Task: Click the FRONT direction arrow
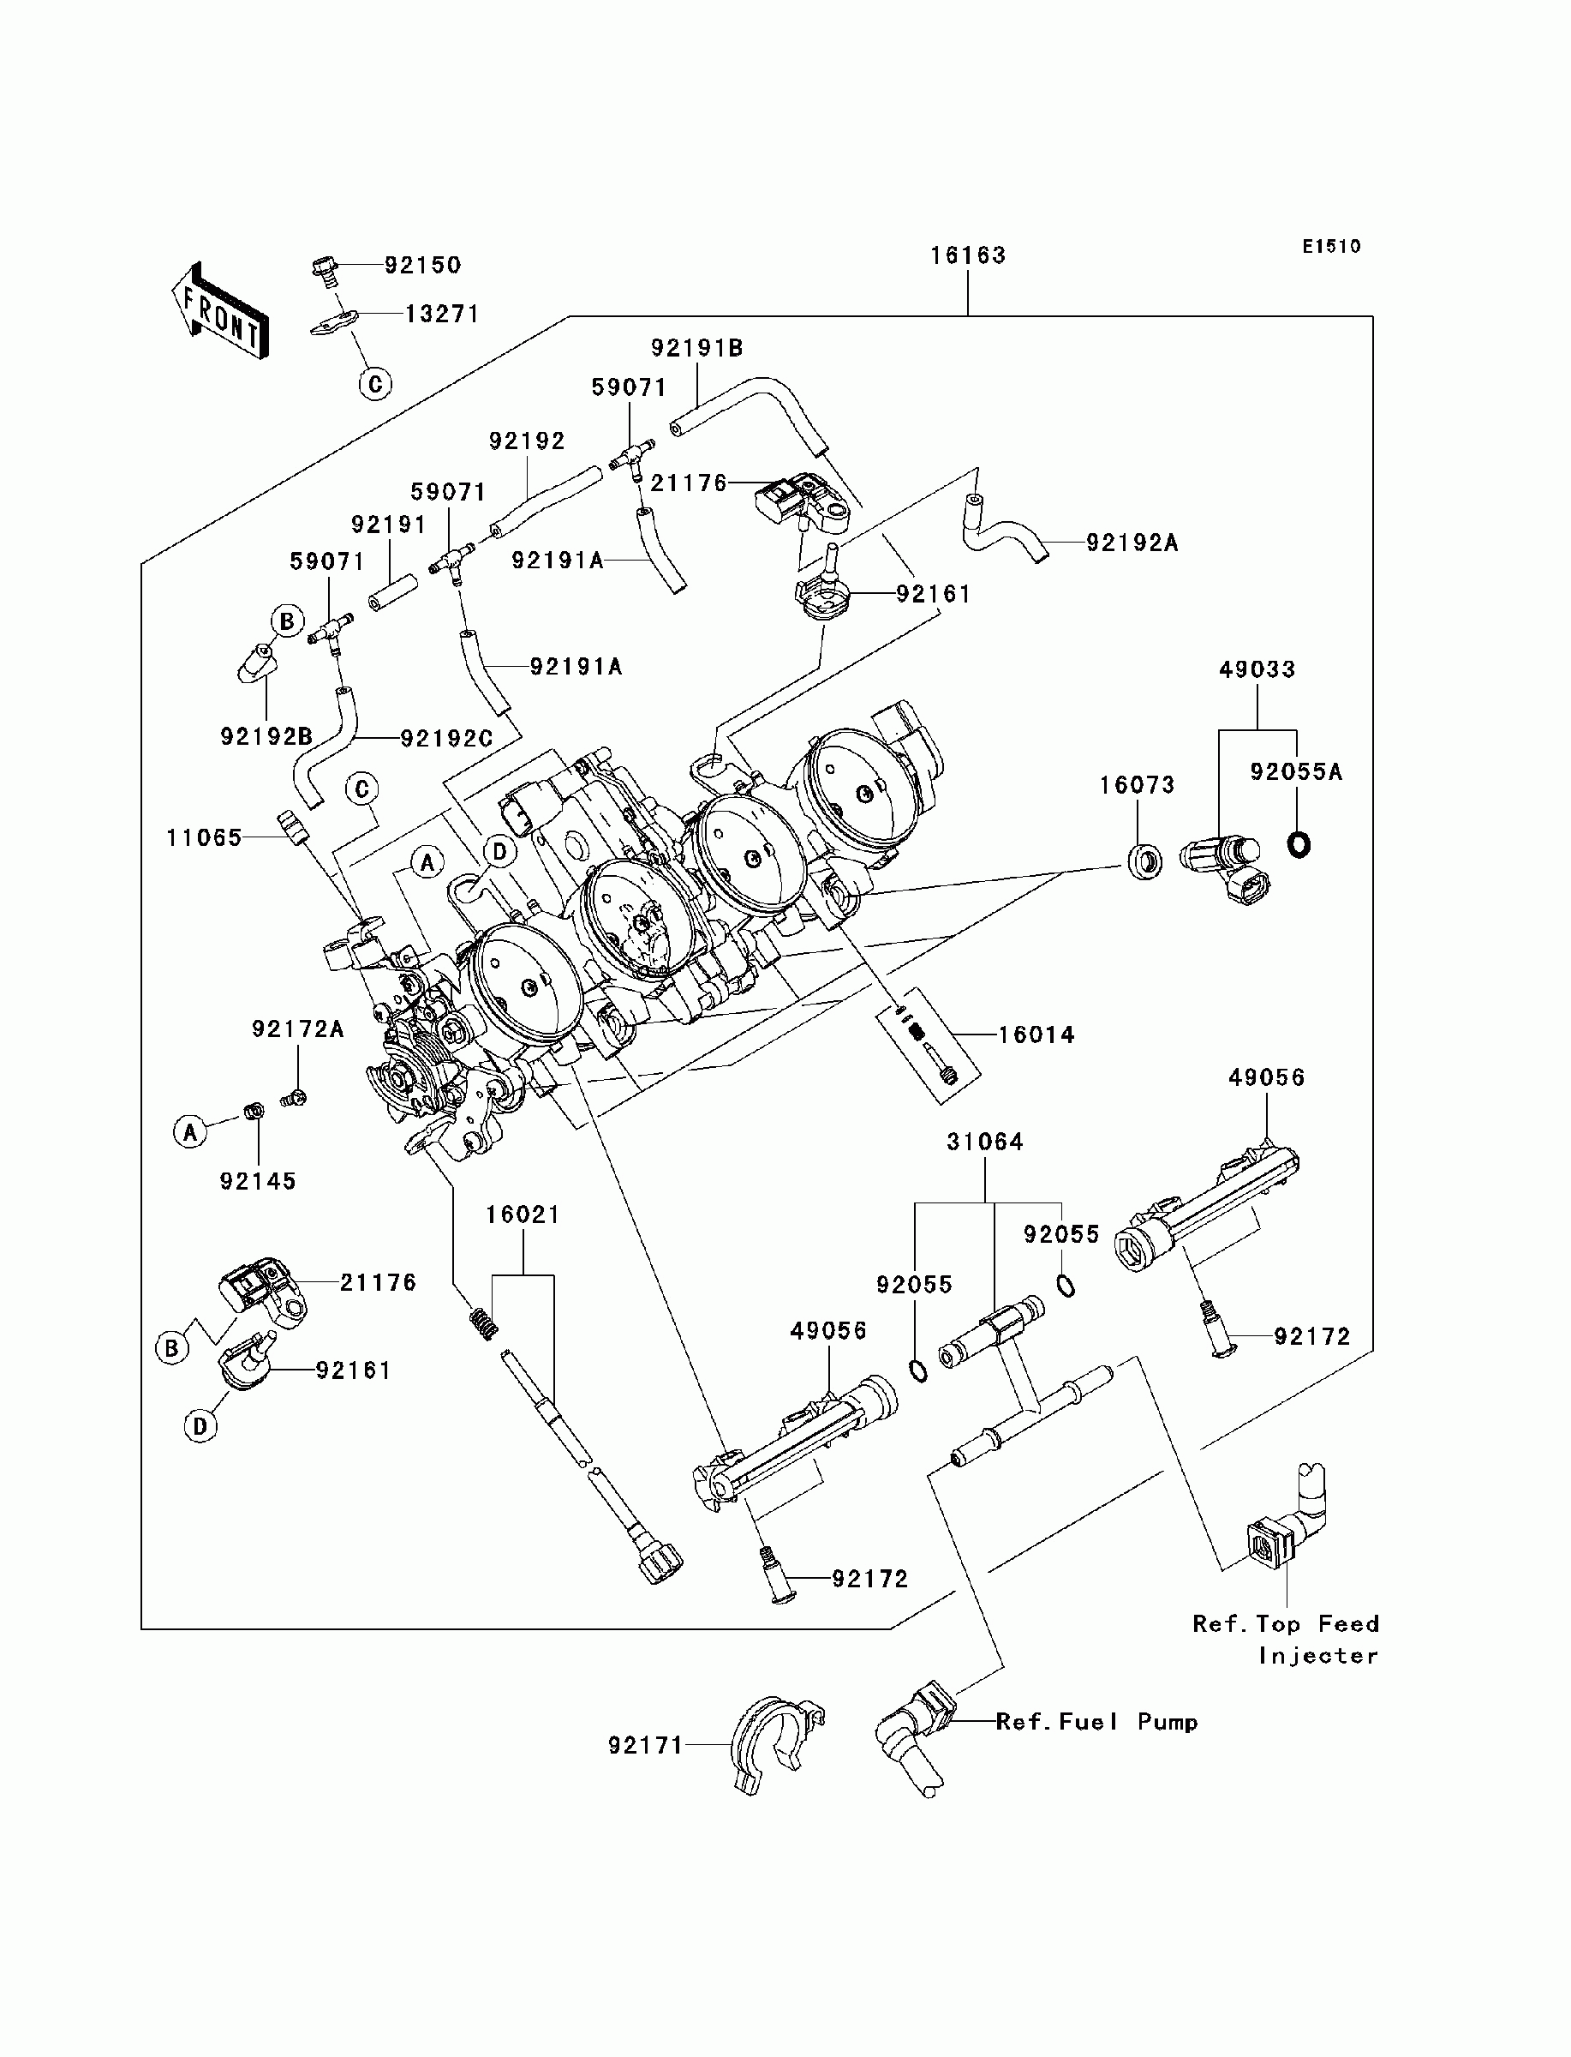[x=221, y=309]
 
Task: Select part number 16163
[x=968, y=255]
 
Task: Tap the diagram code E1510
[x=1332, y=247]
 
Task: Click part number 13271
[x=442, y=314]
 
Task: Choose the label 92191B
[x=696, y=348]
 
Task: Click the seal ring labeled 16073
[x=1143, y=861]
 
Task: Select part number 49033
[x=1257, y=669]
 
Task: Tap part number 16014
[x=1037, y=1034]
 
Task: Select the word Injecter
[x=1318, y=1656]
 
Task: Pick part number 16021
[x=523, y=1214]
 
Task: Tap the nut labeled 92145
[x=252, y=1112]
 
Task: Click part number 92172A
[x=298, y=1029]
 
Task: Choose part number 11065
[x=205, y=838]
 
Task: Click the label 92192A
[x=1132, y=543]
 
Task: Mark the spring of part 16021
[x=483, y=1322]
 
